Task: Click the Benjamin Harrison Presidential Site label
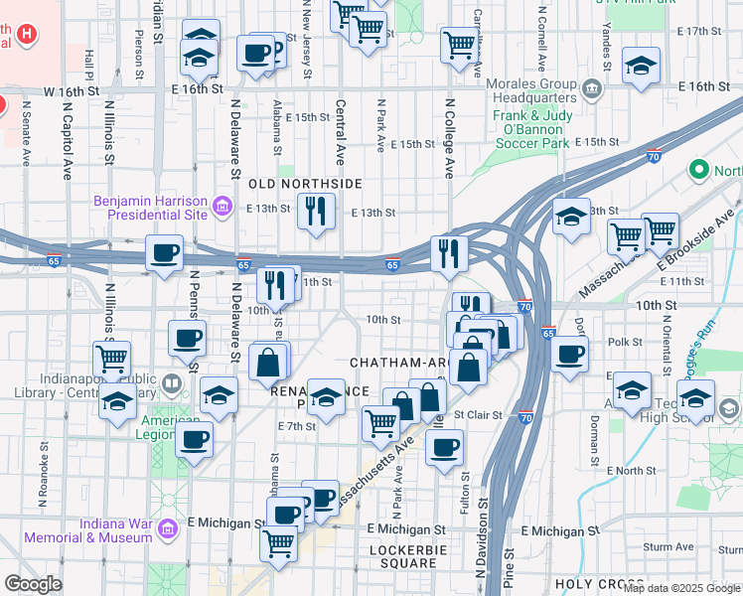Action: (150, 208)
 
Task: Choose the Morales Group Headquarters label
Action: (537, 90)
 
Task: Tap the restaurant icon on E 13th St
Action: (316, 212)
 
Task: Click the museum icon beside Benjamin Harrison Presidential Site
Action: (223, 208)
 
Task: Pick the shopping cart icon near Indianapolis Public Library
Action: (111, 358)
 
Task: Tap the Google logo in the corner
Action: (32, 584)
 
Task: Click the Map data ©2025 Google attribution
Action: (681, 588)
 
